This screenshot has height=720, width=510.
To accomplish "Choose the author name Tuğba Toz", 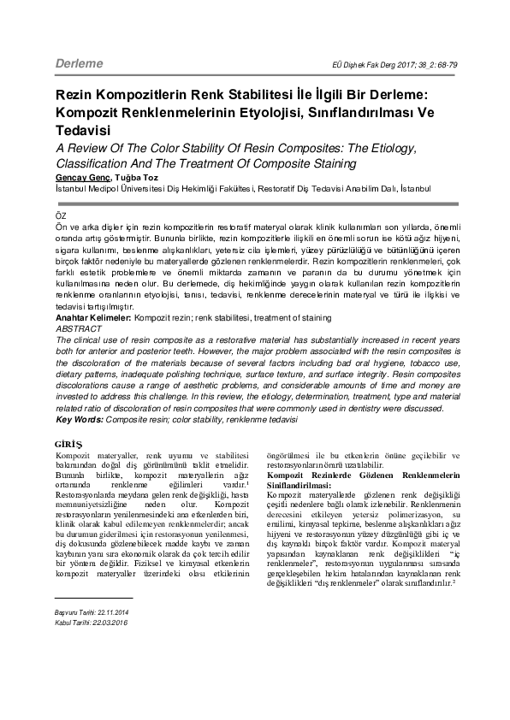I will click(125, 175).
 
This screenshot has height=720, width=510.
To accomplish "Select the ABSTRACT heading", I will click(72, 328).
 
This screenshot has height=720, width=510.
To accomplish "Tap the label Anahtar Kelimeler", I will click(87, 317).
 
